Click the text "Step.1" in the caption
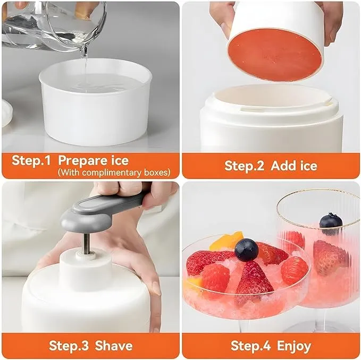pos(31,160)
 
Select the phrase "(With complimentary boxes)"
pos(114,172)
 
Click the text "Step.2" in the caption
pos(244,166)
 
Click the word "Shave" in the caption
pos(114,346)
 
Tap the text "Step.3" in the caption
pos(69,346)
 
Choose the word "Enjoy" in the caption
pos(294,346)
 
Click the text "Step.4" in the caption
pos(250,346)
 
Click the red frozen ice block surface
pos(275,55)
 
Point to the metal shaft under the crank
pos(87,244)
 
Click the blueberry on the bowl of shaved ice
pos(246,250)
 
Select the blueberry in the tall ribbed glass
pos(331,224)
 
